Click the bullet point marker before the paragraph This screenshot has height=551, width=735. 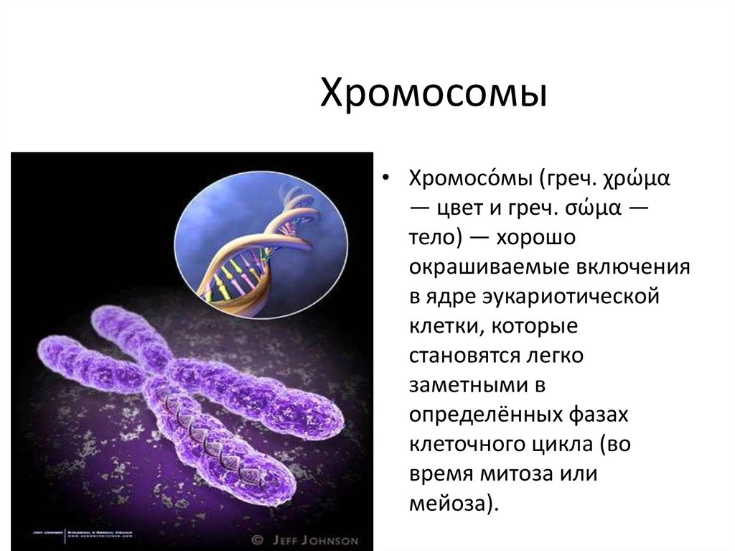tap(387, 178)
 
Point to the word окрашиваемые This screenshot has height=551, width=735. tap(487, 268)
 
